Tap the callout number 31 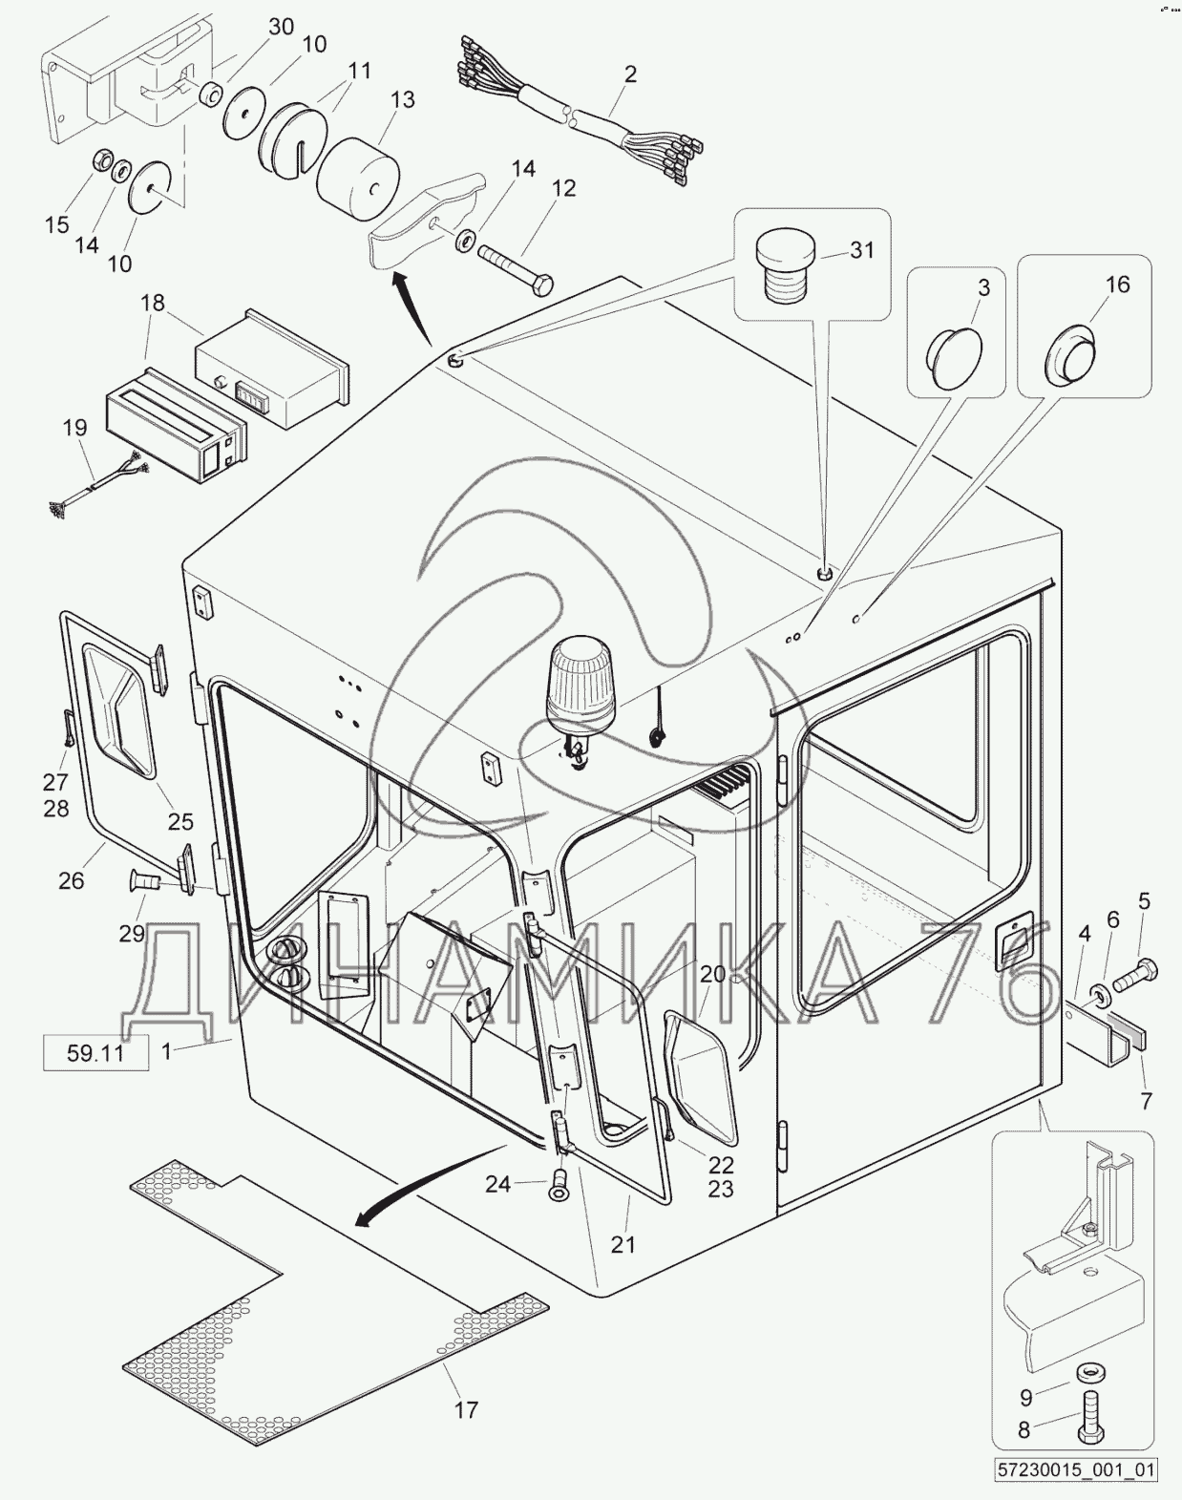pyautogui.click(x=862, y=249)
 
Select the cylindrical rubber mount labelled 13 pyautogui.click(x=358, y=180)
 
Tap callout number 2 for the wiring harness pyautogui.click(x=630, y=74)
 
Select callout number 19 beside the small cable pyautogui.click(x=75, y=427)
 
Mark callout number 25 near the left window pyautogui.click(x=179, y=821)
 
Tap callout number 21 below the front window pyautogui.click(x=623, y=1242)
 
